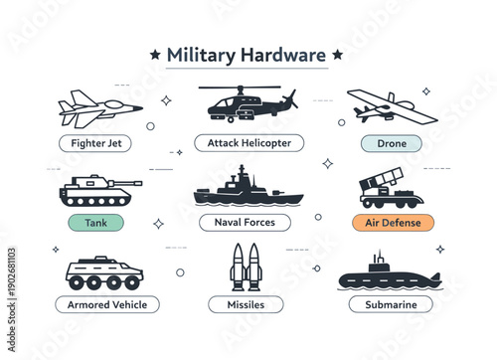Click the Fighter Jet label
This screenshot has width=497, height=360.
(x=95, y=143)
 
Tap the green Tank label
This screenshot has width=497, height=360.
(x=95, y=223)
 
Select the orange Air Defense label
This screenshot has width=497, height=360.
(x=392, y=223)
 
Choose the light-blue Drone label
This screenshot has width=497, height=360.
(x=392, y=143)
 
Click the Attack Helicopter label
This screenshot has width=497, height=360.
(x=244, y=143)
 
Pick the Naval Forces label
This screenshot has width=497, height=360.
(x=245, y=223)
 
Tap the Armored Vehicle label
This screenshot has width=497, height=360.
(x=107, y=304)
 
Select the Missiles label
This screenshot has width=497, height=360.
(x=245, y=304)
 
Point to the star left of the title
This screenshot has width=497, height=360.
(x=154, y=54)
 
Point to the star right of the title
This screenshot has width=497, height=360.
(x=337, y=54)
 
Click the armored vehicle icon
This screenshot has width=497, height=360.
(x=103, y=271)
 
